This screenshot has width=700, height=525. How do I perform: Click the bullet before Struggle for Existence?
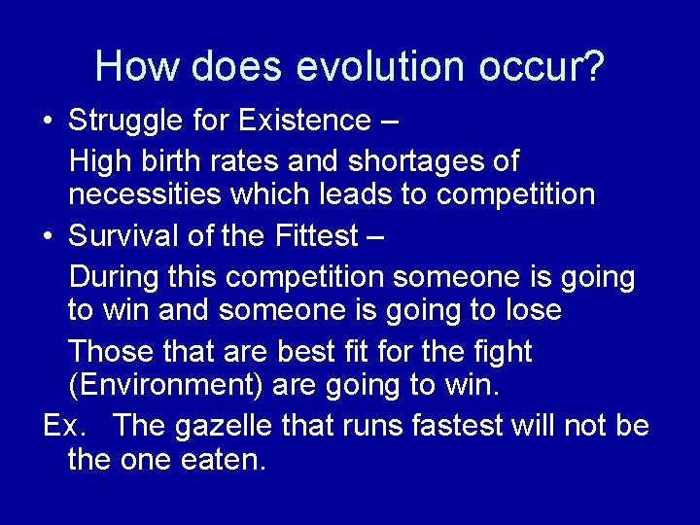click(x=48, y=122)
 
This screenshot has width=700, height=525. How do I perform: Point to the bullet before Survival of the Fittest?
click(x=48, y=236)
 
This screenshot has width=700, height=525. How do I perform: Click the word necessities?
click(x=145, y=194)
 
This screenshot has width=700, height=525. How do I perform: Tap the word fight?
click(x=500, y=350)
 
